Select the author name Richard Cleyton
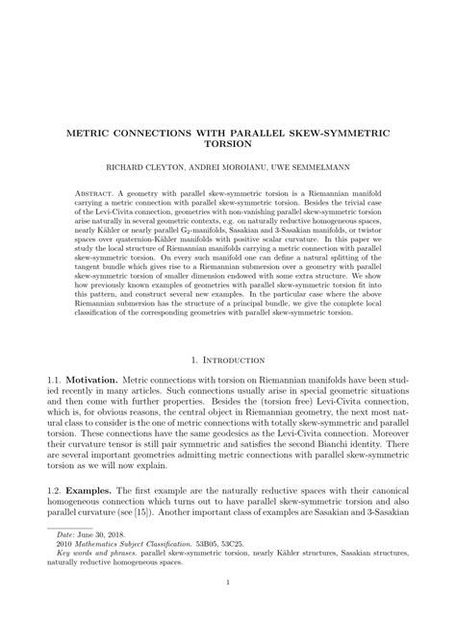point(145,167)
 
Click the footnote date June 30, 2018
point(93,566)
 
